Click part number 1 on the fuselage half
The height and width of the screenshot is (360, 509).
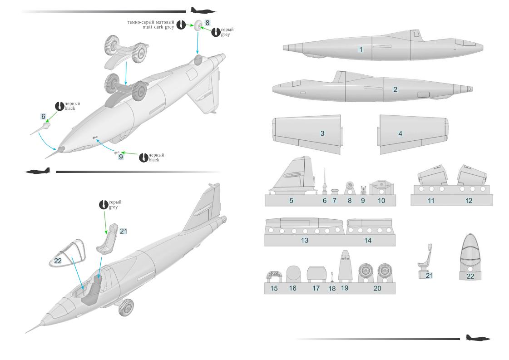point(361,49)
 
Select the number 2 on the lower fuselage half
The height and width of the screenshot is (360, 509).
point(395,89)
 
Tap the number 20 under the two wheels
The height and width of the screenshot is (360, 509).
point(377,288)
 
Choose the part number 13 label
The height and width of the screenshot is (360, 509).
point(304,240)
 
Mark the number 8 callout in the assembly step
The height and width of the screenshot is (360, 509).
point(207,22)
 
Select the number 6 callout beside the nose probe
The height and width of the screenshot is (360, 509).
point(43,117)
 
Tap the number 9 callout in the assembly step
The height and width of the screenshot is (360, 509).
point(120,157)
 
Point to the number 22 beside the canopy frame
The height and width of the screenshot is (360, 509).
point(58,260)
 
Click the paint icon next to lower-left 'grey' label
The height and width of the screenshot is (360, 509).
point(104,204)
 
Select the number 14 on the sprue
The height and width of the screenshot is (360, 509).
point(368,240)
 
